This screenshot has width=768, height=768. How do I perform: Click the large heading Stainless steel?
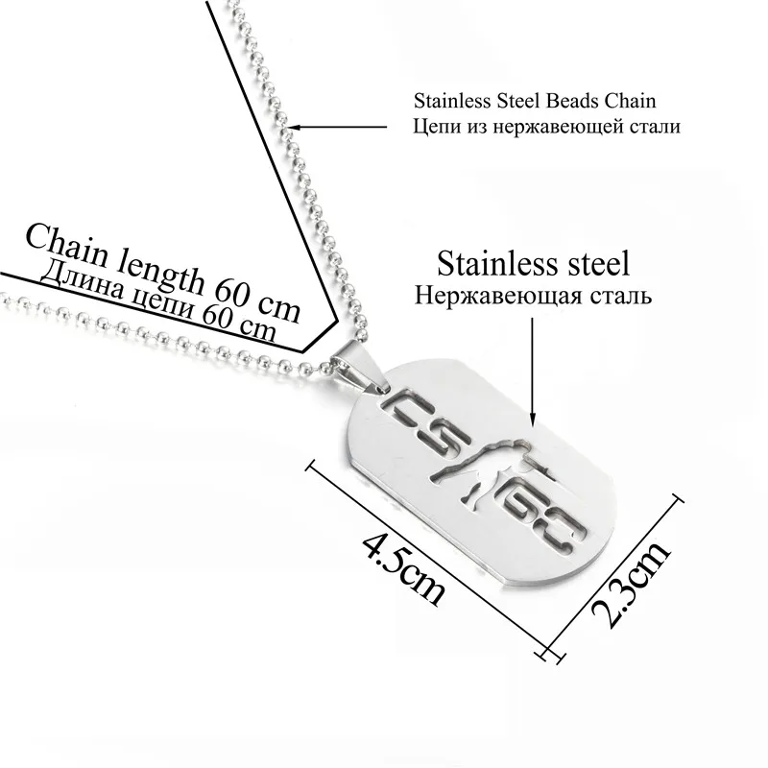coord(533,262)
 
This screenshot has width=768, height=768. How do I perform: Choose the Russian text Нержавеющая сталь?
coord(533,295)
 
